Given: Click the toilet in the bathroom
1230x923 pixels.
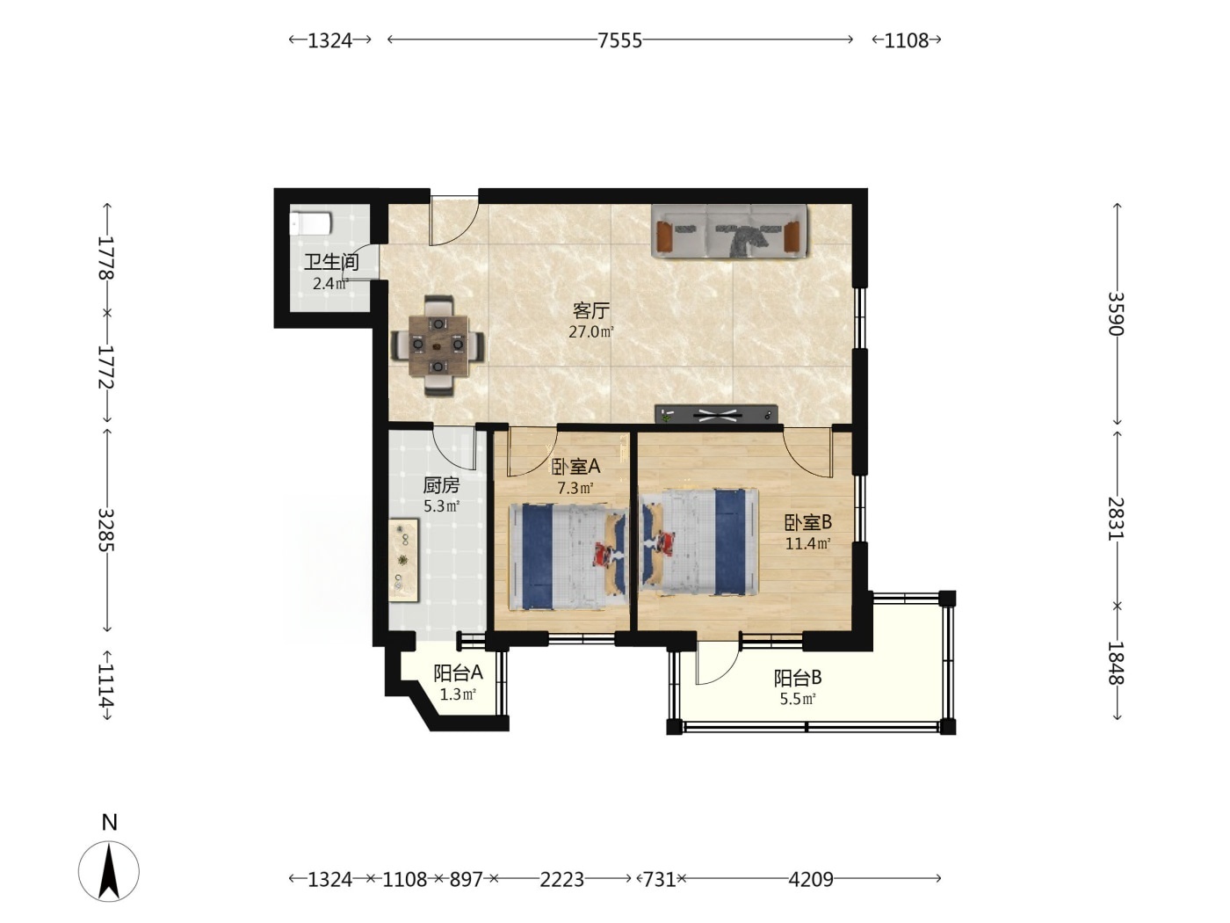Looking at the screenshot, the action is (311, 223).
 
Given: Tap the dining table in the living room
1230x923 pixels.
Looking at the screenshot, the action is (438, 345).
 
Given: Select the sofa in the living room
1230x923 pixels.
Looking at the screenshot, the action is (728, 231).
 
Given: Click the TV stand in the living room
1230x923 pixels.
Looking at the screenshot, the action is (717, 414).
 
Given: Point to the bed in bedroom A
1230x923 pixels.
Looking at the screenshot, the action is (568, 556).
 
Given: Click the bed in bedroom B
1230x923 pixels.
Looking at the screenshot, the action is (699, 541).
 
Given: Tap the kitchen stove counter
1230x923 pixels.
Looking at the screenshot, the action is (403, 560).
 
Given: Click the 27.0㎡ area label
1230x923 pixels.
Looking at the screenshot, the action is (591, 331).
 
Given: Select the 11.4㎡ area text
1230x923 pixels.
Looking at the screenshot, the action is (807, 543).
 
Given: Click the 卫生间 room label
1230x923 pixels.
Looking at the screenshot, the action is (331, 262).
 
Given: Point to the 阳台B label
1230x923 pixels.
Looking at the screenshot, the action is (798, 678).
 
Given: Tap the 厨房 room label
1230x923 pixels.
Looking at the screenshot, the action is (442, 484).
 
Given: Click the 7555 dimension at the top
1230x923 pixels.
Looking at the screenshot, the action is (619, 40).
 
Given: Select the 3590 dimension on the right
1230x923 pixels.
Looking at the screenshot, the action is (1117, 314).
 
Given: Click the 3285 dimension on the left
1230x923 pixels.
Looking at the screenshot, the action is (106, 530).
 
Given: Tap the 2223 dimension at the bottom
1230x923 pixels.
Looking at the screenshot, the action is (561, 879).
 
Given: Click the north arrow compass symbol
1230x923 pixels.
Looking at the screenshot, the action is (109, 871).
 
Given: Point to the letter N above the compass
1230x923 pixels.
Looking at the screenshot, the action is (110, 822).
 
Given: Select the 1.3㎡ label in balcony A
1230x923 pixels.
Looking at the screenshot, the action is (458, 695).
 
